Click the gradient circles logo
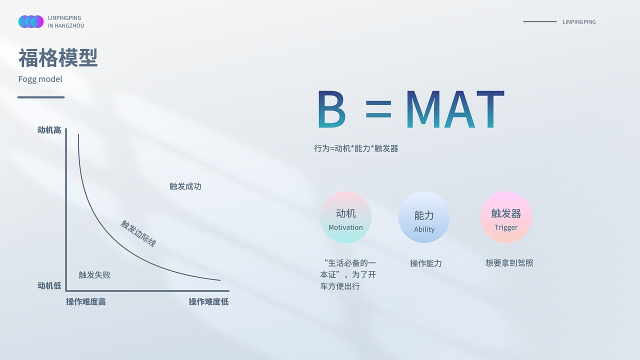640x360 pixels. point(31,21)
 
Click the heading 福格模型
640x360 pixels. point(58,57)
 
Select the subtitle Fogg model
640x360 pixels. point(40,79)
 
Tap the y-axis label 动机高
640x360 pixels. point(49,130)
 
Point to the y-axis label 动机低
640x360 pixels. point(49,285)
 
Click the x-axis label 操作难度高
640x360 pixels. point(86,301)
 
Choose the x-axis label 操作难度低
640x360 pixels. point(208,301)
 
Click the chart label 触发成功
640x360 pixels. point(185,186)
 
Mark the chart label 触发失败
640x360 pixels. point(94,275)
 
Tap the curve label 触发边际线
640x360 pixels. point(138,233)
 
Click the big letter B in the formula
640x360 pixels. point(331,109)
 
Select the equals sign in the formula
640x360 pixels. point(378,109)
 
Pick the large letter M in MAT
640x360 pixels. point(423,109)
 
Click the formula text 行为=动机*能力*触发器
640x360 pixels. point(356,148)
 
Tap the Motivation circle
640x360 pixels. point(345,217)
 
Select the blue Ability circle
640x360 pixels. point(424,217)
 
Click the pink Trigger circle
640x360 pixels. point(506,217)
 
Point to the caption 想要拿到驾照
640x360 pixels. point(509,263)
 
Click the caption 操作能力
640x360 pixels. point(426,263)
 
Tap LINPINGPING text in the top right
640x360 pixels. point(579,22)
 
